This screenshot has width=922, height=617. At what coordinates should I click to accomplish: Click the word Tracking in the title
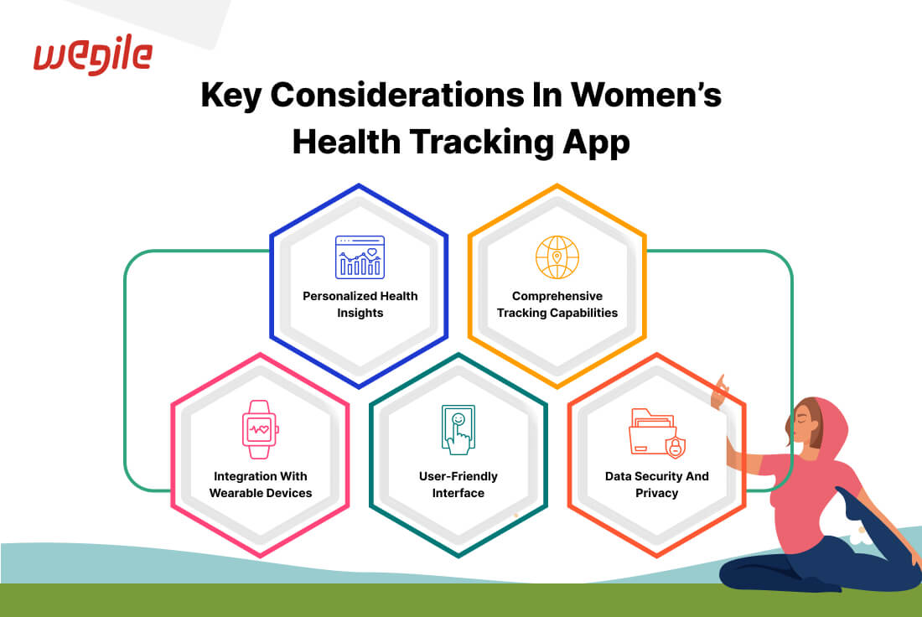pos(482,143)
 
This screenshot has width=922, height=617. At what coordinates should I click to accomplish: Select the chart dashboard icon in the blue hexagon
pos(360,257)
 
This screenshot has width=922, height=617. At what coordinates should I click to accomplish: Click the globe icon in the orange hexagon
pos(557,257)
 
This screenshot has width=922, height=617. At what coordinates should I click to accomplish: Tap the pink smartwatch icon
pos(260,429)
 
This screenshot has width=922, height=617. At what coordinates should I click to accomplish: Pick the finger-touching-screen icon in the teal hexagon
pos(458,429)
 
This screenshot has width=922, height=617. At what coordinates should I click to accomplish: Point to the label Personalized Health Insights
pos(360,304)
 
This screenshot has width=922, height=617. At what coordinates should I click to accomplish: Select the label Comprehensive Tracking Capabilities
pos(557,304)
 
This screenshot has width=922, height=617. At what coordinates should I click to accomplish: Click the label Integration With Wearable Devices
pos(261,484)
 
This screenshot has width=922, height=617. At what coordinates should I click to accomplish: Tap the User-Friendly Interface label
pos(458,484)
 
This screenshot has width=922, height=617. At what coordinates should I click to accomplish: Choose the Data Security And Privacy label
pos(657,484)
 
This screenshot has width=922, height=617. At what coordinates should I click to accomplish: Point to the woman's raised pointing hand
pos(720,392)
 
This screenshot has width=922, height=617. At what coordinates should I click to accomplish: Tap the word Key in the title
pos(230,96)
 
